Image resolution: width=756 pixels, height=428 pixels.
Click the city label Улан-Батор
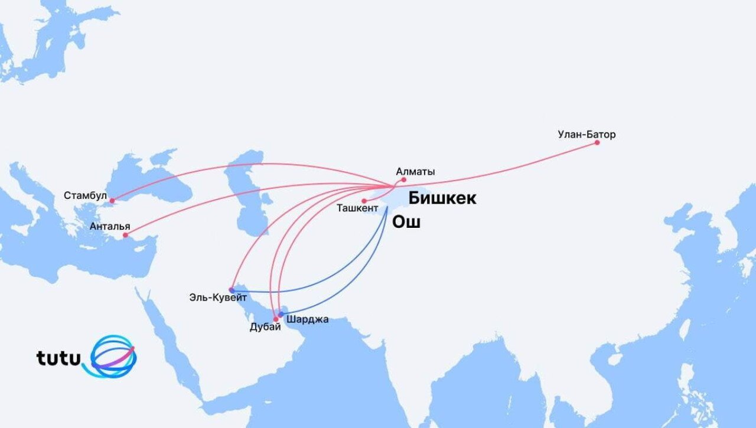tap(586, 135)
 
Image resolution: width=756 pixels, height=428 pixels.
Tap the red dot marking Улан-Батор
tap(597, 142)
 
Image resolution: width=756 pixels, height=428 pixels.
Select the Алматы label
tap(415, 172)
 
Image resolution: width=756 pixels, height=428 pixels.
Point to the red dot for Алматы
tap(404, 179)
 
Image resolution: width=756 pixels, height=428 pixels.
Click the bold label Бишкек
tap(442, 198)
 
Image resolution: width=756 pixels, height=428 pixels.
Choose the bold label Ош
tap(406, 223)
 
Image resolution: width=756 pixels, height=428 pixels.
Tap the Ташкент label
tap(357, 208)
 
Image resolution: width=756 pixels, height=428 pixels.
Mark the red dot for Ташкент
tap(364, 201)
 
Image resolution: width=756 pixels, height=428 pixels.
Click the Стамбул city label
tap(86, 195)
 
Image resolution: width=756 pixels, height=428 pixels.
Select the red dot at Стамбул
tap(112, 201)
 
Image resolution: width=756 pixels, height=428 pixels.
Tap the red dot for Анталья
tap(125, 235)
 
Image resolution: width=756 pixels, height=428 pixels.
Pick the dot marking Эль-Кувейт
tap(232, 289)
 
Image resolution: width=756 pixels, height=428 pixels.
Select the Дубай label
tap(265, 328)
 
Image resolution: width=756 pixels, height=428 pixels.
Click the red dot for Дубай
tap(275, 319)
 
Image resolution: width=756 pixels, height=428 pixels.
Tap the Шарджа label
tap(307, 319)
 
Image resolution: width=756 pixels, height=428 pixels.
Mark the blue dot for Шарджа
tap(281, 314)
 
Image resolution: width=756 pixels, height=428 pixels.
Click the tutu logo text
tap(58, 358)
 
